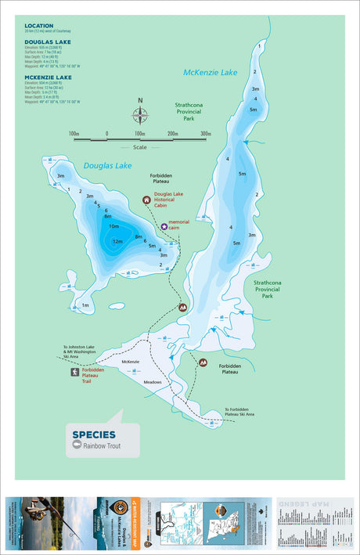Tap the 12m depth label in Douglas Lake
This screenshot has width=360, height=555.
point(117,241)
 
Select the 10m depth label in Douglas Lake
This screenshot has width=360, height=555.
point(113,226)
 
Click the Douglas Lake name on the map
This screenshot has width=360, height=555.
point(105,166)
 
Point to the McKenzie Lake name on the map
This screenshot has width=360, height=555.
point(210,72)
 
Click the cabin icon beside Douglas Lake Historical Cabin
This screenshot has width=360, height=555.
point(146,200)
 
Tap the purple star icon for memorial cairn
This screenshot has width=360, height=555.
point(164,226)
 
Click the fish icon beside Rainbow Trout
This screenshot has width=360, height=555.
point(77,445)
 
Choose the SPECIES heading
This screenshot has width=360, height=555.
point(94,434)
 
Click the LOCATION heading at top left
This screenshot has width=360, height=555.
point(39,25)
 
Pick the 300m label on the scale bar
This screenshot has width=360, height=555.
point(206,134)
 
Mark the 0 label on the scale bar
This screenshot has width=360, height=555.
point(107,134)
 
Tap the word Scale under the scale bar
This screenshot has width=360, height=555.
point(139,146)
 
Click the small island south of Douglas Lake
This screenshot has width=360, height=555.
point(117,306)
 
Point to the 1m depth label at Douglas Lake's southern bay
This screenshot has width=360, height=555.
point(85,305)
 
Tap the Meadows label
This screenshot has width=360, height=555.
point(152,382)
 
